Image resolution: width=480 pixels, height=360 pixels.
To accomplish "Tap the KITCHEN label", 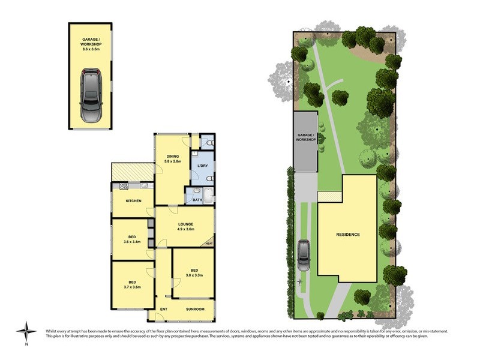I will tap(133, 200).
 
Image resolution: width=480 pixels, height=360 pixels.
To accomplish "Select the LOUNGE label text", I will tap(185, 224).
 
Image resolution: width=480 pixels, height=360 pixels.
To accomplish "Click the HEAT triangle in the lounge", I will tap(209, 243).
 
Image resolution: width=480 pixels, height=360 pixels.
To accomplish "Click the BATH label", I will tap(197, 200).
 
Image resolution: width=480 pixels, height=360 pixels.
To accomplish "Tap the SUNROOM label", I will tap(195, 309).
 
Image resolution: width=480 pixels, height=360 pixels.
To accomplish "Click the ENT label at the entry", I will tap(163, 309).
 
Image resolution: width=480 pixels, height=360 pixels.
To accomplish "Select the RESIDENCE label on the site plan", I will tap(347, 234).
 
